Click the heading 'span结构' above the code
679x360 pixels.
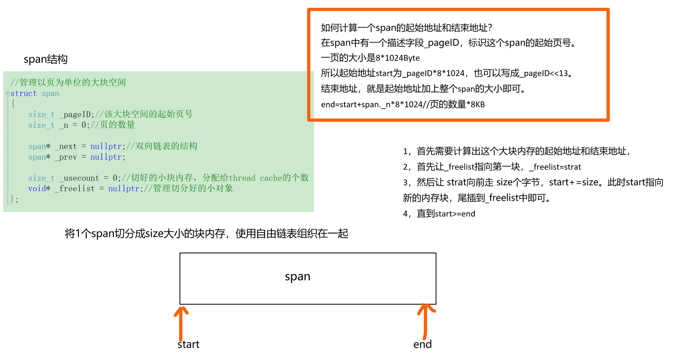tap(46, 59)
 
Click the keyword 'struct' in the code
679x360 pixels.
tap(23, 94)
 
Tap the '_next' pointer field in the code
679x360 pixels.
tap(66, 146)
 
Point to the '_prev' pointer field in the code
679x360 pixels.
tap(66, 157)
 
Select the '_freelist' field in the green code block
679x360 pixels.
tap(75, 189)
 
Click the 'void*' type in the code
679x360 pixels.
tap(39, 189)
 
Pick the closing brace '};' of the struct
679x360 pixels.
tap(14, 199)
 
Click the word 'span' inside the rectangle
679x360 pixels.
tap(297, 276)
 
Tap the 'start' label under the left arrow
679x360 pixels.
tap(189, 344)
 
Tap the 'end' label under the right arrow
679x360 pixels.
tap(422, 344)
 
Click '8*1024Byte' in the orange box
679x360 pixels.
tap(398, 58)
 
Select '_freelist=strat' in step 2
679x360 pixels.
tap(555, 167)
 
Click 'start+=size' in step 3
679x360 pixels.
tap(574, 182)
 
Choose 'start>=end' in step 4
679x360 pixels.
tap(455, 214)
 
